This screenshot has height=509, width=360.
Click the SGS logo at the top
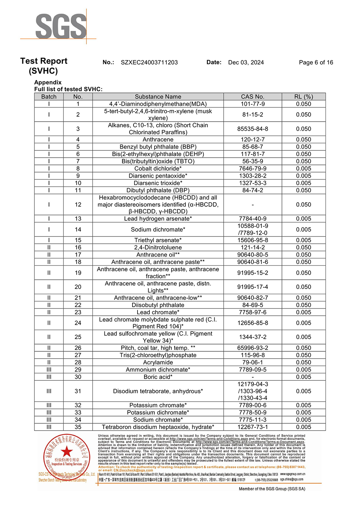60,26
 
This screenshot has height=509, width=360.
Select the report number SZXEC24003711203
149,62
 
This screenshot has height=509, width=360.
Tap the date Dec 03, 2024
246,62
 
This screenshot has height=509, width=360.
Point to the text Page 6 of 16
316,62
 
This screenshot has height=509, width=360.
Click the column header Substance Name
158,96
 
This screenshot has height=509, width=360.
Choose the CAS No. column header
253,96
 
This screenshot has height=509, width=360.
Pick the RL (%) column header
303,96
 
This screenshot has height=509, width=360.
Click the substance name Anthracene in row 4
158,139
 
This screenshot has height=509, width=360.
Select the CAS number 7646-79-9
253,168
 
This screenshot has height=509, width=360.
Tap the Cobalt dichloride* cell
158,168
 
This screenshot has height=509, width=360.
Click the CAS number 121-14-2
253,247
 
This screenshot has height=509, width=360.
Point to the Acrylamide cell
158,362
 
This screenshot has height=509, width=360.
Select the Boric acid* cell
158,377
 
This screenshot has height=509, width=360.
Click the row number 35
78,427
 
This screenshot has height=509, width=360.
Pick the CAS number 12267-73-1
253,427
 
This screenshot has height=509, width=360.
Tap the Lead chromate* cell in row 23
158,312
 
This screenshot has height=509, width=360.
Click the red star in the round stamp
67,451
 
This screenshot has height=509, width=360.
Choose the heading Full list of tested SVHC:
68,89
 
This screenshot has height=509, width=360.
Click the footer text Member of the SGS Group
272,489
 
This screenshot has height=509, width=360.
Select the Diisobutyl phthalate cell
158,305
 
